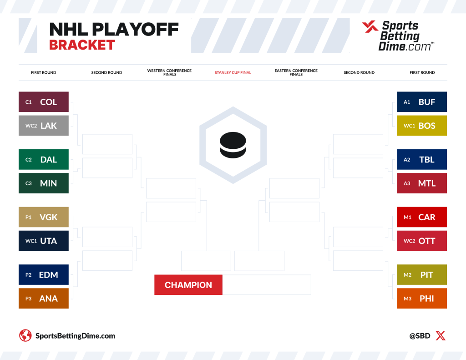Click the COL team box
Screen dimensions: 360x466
(44, 102)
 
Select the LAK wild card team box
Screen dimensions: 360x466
(44, 126)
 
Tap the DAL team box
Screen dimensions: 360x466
(44, 159)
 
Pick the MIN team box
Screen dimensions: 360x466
(44, 183)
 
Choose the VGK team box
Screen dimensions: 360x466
(44, 217)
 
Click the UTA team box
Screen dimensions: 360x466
(44, 241)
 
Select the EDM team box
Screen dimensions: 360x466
(44, 274)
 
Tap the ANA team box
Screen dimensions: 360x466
(44, 298)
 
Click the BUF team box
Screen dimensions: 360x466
(422, 102)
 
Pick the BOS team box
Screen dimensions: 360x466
(422, 126)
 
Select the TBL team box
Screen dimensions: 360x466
(422, 159)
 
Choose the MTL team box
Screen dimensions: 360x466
(422, 183)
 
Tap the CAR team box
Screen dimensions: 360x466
(422, 217)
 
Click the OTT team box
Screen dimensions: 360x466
(422, 241)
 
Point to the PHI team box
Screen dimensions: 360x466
(422, 298)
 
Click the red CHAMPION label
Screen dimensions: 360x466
(188, 285)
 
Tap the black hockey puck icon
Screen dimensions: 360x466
(233, 145)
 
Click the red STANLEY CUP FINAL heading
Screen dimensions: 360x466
(233, 72)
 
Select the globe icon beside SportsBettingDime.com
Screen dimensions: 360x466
(25, 336)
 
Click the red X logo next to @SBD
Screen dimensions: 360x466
(441, 336)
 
